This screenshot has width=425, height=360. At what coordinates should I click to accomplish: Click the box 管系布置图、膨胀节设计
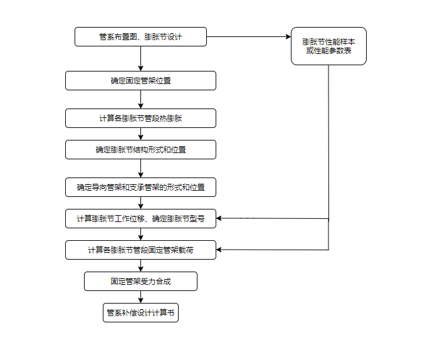(140, 37)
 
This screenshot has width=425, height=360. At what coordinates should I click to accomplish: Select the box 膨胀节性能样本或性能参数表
(328, 46)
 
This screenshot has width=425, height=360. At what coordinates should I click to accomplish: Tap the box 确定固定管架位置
(140, 81)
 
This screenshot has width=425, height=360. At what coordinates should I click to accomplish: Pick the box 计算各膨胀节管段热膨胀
(140, 119)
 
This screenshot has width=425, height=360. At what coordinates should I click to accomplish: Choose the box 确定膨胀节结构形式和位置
(140, 150)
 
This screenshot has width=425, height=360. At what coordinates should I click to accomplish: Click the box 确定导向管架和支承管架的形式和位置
(140, 187)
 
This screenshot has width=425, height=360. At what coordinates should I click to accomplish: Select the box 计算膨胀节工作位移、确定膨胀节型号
(140, 219)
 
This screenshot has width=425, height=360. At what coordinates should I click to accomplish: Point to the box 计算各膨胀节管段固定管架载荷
(140, 250)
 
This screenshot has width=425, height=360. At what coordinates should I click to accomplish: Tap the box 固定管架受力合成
(140, 282)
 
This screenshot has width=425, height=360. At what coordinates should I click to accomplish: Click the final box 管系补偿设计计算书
(140, 312)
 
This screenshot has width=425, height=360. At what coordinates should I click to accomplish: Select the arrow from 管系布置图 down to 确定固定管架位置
(140, 59)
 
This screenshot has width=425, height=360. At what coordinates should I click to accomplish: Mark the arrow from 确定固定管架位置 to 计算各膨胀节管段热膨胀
(140, 100)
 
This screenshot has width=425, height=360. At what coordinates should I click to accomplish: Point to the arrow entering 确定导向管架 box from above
(140, 169)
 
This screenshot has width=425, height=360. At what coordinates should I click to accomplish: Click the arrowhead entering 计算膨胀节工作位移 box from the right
(220, 219)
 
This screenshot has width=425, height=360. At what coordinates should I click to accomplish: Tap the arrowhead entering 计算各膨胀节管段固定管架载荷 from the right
(220, 250)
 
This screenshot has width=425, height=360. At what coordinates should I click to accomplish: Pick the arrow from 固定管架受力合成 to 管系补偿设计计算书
(140, 297)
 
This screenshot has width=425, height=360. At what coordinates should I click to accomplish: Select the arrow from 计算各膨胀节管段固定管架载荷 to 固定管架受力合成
(140, 265)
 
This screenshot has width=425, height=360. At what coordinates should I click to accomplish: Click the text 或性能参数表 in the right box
(328, 51)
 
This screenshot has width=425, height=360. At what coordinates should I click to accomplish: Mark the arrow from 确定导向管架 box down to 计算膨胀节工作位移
(140, 203)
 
